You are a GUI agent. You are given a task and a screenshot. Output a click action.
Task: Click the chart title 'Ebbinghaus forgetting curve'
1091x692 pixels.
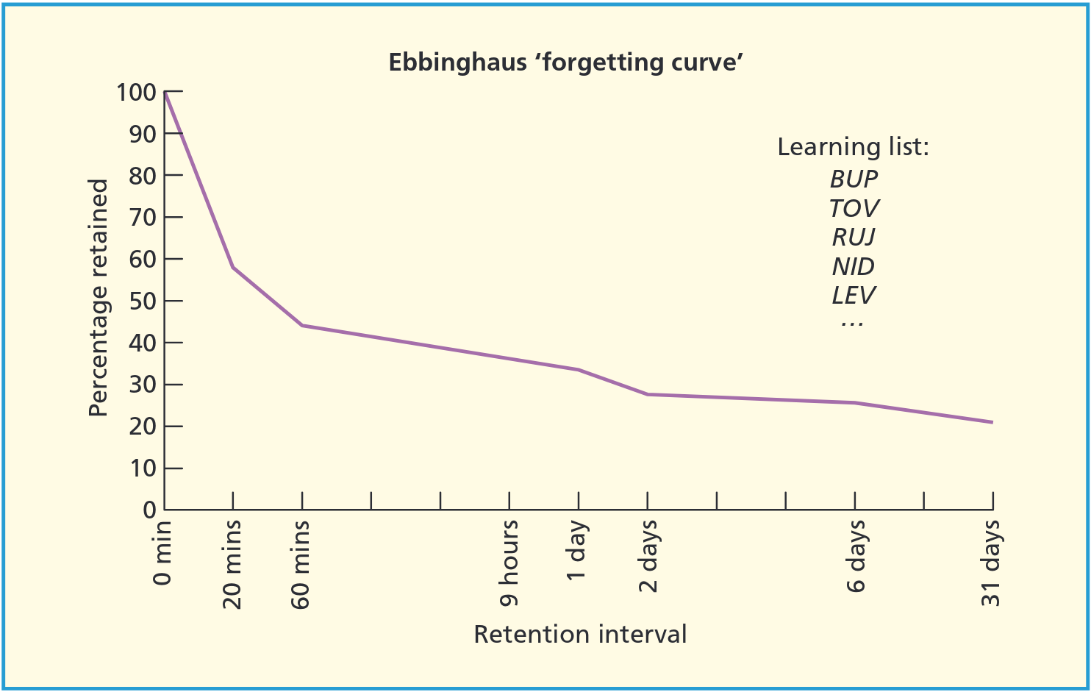point(565,62)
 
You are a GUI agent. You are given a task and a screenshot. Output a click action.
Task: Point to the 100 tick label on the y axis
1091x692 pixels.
point(136,93)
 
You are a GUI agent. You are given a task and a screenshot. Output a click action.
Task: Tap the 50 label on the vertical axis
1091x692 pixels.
point(143,301)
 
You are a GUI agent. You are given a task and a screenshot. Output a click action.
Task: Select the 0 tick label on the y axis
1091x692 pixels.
point(149,510)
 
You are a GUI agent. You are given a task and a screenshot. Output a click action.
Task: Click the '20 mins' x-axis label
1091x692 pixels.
point(232,564)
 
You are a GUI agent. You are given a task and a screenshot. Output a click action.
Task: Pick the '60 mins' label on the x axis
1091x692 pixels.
point(301,564)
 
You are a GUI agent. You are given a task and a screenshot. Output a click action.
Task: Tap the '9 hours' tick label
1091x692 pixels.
point(509,563)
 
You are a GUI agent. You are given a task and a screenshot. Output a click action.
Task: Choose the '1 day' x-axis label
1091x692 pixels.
point(578,550)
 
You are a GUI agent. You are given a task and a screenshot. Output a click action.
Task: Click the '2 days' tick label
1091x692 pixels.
point(648,556)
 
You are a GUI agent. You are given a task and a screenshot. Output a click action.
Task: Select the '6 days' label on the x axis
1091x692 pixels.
point(855,556)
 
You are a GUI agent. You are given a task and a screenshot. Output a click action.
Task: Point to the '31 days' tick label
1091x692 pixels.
point(992,563)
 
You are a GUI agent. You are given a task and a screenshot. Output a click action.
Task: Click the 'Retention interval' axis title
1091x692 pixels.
point(580,634)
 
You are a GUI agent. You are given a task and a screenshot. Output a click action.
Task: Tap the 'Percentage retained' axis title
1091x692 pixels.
point(99,298)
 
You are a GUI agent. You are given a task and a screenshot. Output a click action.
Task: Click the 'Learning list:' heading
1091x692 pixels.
point(853,147)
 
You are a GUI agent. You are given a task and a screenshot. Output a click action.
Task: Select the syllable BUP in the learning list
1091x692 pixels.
point(854,179)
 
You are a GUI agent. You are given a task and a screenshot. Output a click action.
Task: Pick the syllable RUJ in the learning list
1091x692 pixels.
point(854,237)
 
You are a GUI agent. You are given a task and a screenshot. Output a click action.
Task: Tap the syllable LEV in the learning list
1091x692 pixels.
point(854,295)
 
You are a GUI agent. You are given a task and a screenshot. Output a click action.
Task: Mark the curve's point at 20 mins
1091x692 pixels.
point(233,267)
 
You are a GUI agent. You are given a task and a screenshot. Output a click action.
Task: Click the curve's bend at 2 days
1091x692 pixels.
point(648,394)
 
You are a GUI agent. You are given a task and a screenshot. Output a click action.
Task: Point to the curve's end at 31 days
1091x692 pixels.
point(992,422)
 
